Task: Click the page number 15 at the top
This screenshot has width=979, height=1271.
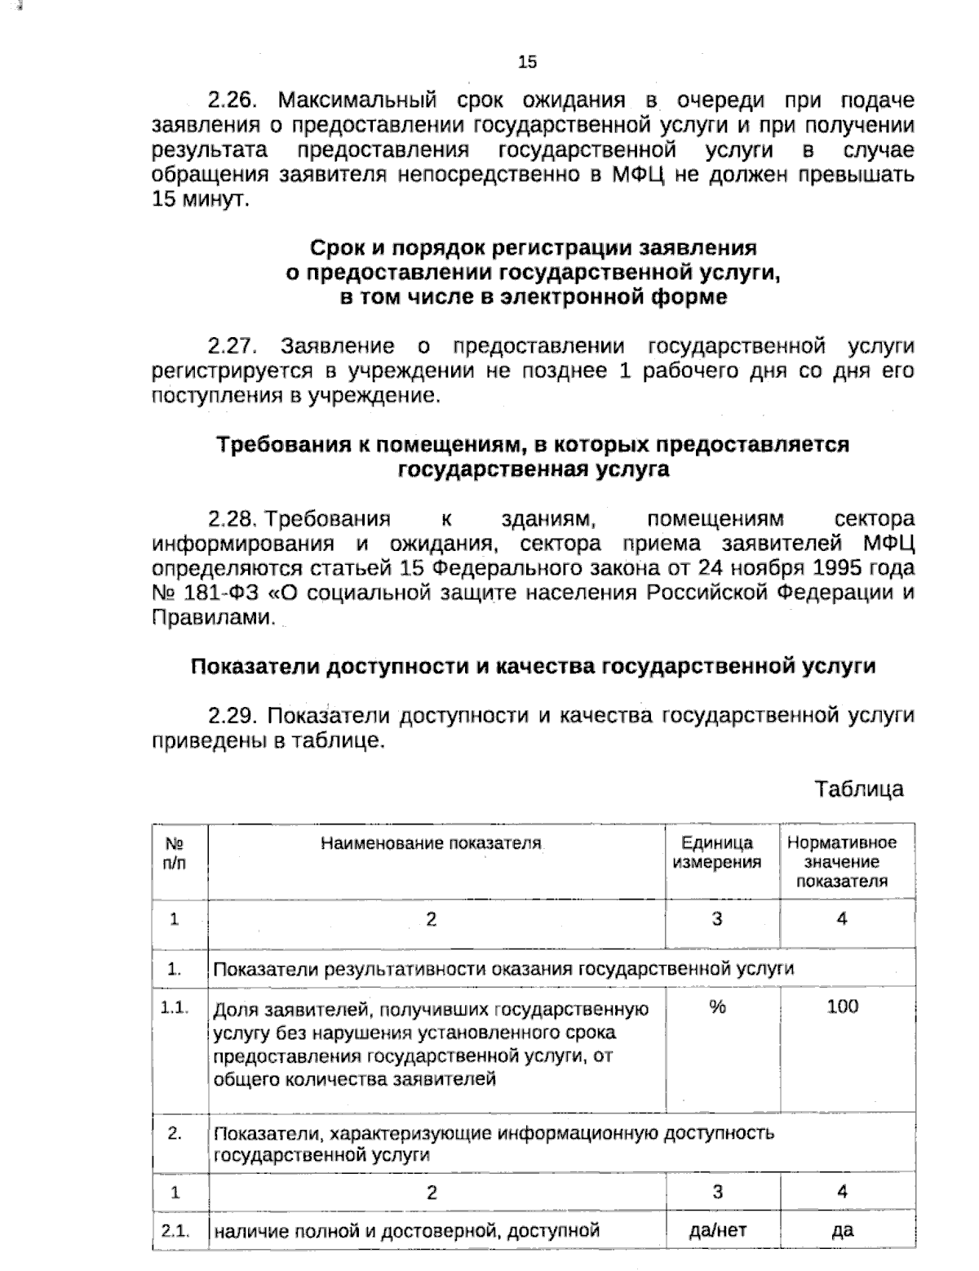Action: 527,62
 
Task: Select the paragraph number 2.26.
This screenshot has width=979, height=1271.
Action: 233,100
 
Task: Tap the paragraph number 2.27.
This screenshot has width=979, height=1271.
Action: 233,346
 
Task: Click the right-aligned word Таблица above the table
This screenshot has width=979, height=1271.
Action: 859,789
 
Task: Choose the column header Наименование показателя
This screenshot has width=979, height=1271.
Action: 431,843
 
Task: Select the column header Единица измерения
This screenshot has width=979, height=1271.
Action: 717,852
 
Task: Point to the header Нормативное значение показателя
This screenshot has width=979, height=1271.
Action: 841,862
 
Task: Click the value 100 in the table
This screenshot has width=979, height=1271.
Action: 842,1007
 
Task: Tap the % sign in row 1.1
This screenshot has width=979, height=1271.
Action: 717,1007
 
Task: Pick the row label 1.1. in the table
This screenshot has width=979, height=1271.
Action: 175,1008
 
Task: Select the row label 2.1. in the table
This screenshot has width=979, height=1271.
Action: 175,1230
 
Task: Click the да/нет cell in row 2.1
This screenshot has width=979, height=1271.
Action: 717,1230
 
